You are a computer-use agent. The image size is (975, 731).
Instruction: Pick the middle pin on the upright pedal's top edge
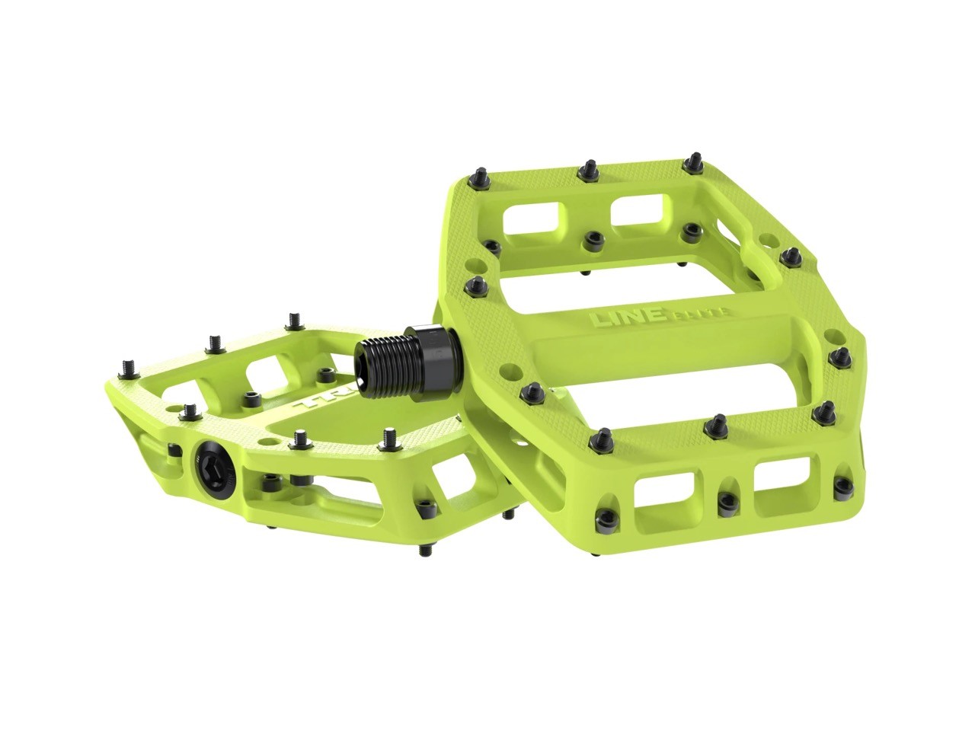pyautogui.click(x=587, y=168)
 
